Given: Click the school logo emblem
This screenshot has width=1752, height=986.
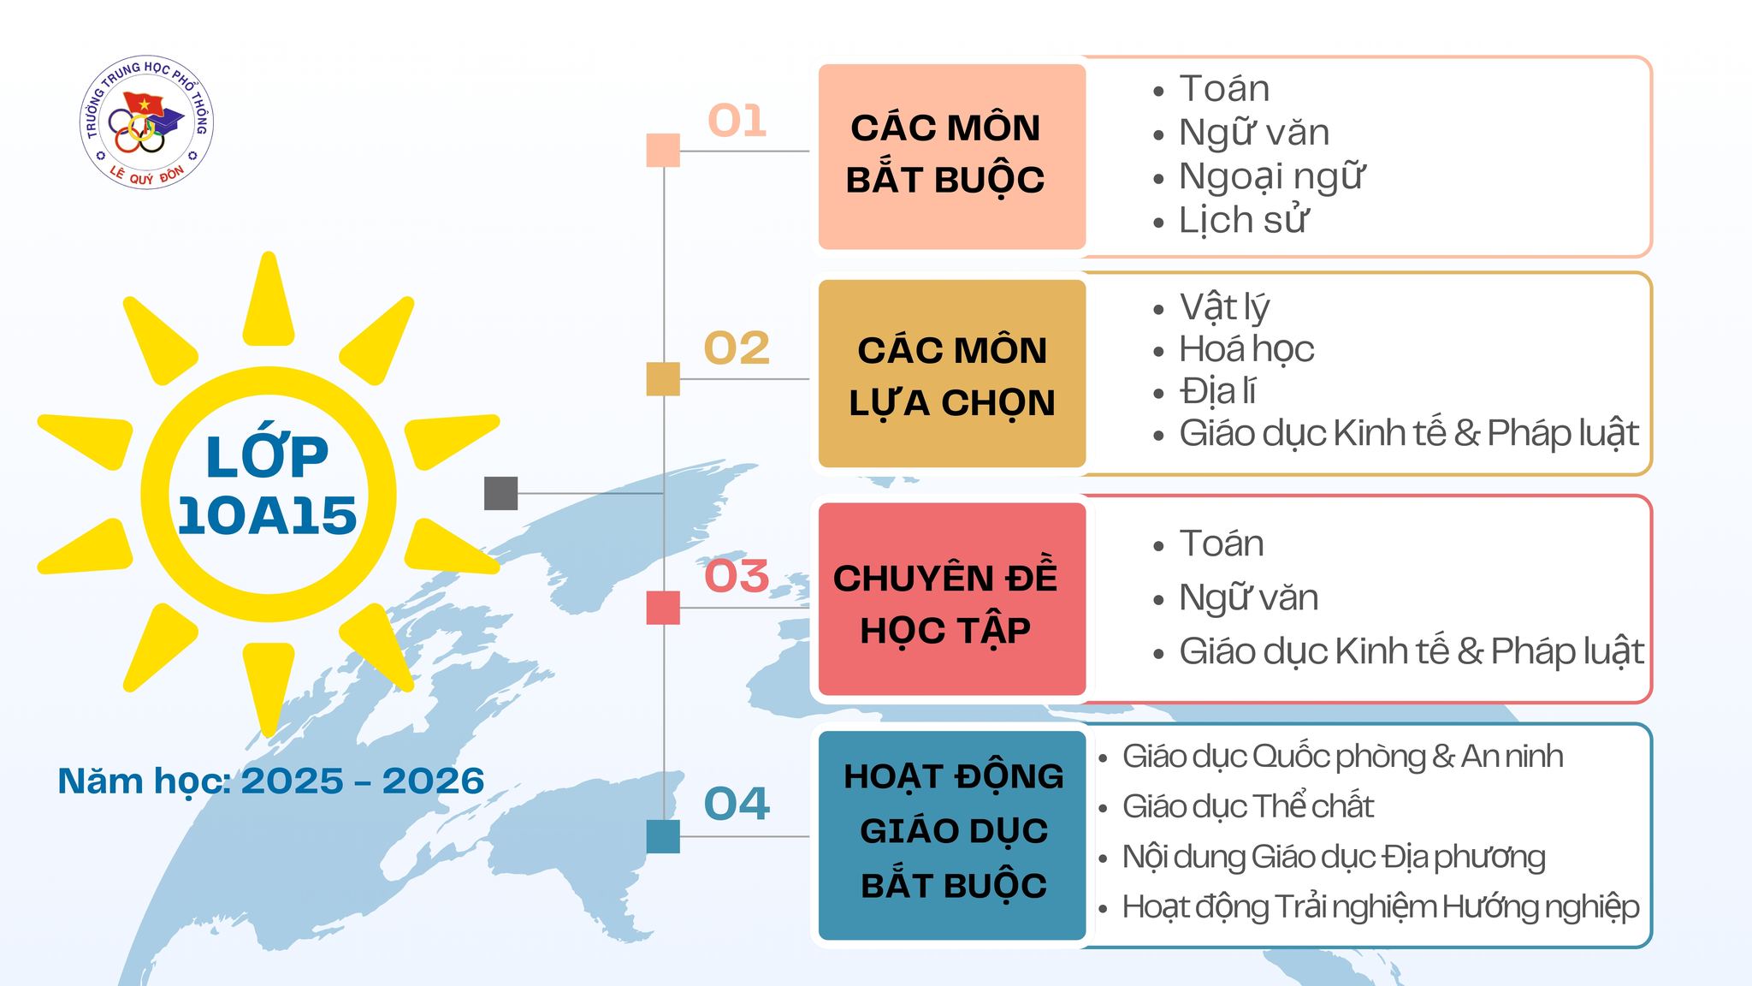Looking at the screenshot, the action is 146,123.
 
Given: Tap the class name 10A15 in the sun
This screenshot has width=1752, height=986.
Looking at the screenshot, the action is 267,515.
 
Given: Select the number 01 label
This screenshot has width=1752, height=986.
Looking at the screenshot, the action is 737,121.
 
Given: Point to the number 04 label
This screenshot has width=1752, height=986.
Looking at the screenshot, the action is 737,804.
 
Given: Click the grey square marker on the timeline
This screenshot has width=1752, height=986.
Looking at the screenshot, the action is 500,493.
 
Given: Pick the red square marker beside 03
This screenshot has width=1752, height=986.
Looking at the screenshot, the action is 663,608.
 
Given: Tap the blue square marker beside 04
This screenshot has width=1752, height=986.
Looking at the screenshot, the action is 663,836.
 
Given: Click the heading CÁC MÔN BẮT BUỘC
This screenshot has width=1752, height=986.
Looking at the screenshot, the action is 945,154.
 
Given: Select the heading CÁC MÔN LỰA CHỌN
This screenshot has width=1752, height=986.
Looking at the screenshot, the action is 952,377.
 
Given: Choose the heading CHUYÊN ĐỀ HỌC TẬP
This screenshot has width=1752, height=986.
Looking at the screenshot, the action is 945,604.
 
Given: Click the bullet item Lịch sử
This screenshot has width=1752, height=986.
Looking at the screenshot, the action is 1243,221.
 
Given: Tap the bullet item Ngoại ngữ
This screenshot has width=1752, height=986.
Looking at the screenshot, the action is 1271,177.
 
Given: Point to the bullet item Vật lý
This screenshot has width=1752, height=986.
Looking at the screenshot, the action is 1224,307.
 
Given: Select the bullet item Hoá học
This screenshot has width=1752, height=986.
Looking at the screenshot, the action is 1246,349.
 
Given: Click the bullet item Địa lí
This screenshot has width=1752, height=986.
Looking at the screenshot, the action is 1217,391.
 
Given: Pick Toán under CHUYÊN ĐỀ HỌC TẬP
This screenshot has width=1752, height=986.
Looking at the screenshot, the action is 1222,543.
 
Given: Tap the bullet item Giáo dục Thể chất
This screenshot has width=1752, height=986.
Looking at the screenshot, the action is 1247,806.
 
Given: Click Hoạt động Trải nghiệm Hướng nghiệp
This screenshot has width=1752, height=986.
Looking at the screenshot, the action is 1381,907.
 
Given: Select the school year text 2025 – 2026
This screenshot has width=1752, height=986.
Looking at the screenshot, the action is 363,781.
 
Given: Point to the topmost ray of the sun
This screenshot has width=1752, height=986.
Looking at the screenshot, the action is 269,300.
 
